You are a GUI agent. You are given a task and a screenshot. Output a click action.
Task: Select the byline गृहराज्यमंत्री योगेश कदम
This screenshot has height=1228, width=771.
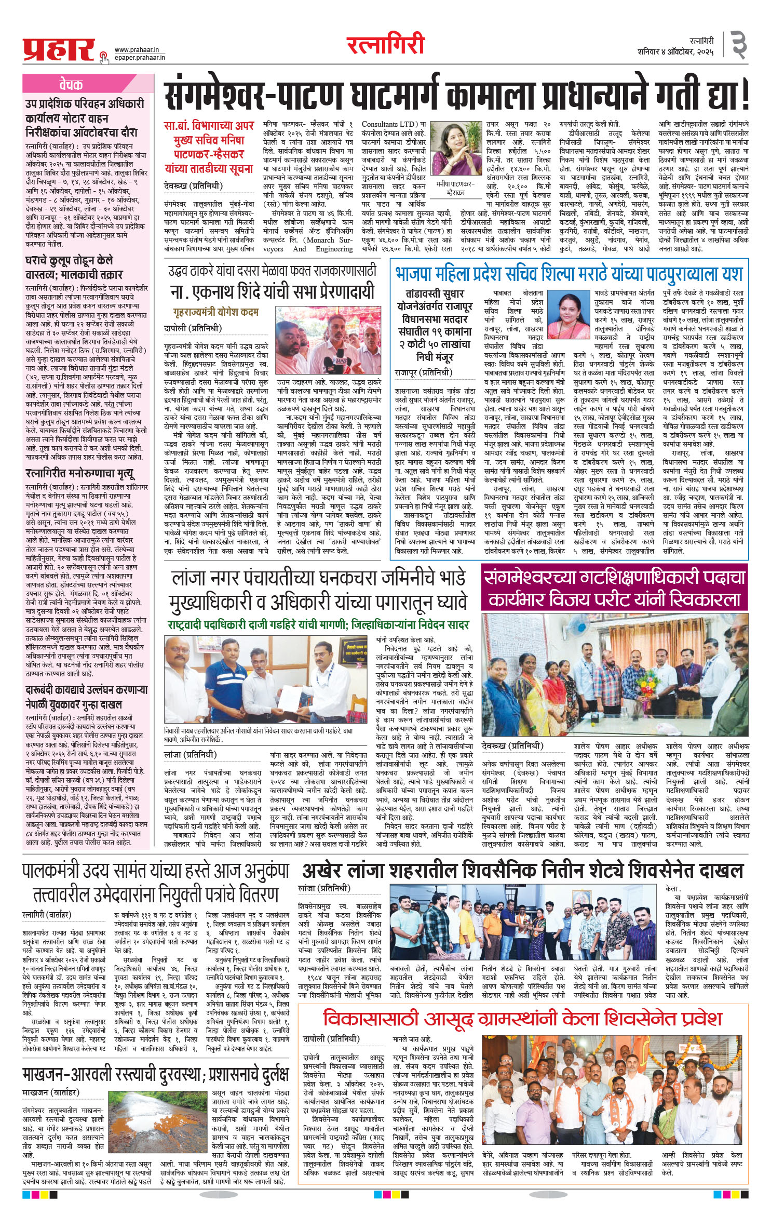coord(216,312)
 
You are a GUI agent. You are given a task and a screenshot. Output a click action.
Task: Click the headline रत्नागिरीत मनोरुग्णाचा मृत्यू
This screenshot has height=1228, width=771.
coord(81,473)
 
